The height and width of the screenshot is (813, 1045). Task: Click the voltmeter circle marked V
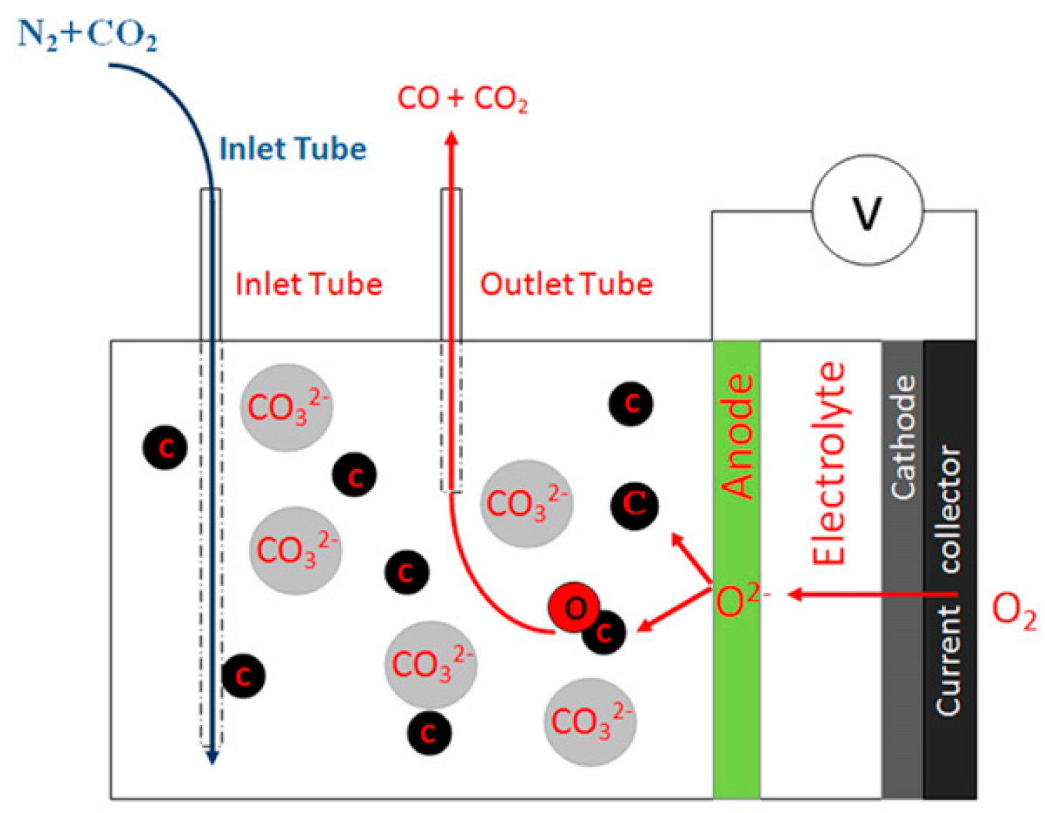pos(867,210)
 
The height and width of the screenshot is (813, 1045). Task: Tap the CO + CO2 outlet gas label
pos(462,99)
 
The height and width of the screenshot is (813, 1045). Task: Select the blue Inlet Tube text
pos(293,149)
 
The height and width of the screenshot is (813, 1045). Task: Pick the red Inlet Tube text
pos(308,285)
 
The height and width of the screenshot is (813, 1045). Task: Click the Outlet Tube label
pos(566,285)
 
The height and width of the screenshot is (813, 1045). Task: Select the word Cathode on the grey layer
pos(903,438)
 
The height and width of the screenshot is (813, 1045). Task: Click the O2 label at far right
pos(1014,611)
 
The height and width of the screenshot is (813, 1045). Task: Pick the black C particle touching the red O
pos(605,633)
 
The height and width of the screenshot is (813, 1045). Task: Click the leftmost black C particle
pos(165,447)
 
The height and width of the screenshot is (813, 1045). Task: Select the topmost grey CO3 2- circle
pos(287,408)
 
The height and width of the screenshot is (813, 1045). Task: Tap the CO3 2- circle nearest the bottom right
pos(590,721)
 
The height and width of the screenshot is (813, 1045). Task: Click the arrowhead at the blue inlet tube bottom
pos(211,756)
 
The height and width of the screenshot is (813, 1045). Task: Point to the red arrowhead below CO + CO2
pos(452,138)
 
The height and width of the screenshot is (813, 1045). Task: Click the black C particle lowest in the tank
pos(428,733)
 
